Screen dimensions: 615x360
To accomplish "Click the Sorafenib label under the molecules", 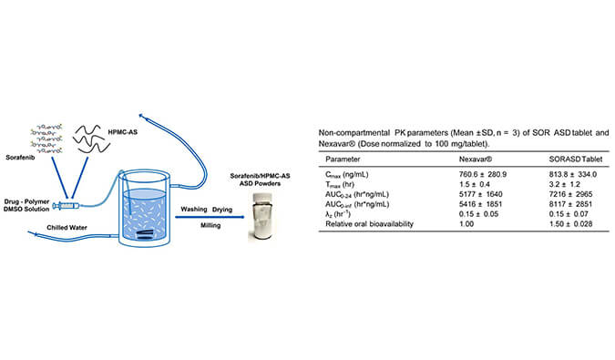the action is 20,158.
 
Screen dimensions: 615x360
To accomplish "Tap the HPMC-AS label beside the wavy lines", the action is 123,132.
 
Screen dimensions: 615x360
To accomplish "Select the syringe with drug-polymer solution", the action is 67,205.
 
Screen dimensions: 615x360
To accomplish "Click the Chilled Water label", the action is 67,228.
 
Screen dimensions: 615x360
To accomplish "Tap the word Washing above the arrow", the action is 194,210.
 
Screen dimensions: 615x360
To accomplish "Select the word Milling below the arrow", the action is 210,225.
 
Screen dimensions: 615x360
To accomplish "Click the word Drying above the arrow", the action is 222,210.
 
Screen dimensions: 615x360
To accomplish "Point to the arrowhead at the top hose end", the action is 141,116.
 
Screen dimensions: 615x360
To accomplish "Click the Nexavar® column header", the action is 476,159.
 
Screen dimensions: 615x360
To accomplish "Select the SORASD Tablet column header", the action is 576,159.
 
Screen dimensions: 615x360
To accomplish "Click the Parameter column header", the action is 343,159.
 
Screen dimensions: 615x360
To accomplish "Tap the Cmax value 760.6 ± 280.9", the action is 483,174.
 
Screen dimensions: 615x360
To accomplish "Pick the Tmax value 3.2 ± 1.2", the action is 564,184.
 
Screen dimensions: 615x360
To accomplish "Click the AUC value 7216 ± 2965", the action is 570,194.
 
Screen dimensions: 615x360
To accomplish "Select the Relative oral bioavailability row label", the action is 370,224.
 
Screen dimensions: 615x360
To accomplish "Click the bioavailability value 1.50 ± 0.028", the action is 570,224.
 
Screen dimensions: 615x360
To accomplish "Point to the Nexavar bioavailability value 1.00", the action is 466,224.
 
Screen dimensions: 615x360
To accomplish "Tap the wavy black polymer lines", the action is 91,139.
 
